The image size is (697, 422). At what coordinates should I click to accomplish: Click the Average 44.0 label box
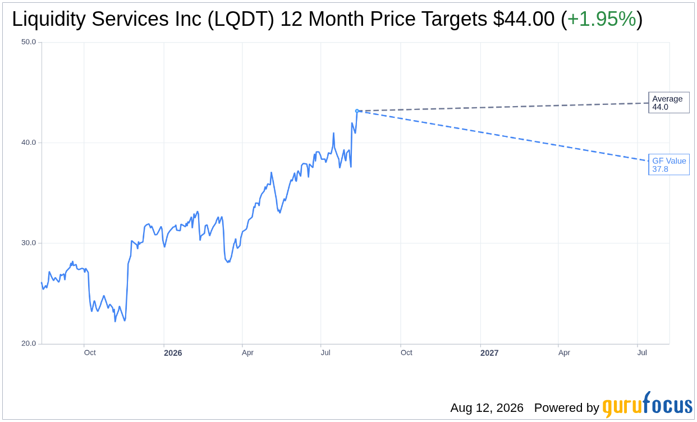pos(669,103)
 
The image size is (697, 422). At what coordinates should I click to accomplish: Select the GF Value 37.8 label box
pos(669,164)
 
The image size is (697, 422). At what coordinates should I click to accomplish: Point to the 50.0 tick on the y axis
pos(29,42)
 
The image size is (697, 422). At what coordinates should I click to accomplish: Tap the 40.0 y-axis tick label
pos(29,143)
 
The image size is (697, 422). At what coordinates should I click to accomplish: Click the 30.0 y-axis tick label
pos(29,243)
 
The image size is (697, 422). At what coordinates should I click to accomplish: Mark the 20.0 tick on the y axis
pos(29,343)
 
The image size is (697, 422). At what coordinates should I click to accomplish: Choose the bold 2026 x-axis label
pos(173,353)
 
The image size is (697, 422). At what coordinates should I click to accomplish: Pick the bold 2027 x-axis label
pos(489,353)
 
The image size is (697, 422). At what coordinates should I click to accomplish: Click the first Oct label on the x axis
pos(90,353)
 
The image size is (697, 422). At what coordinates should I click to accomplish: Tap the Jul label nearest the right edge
pos(642,353)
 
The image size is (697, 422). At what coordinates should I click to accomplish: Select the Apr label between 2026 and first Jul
pos(247,353)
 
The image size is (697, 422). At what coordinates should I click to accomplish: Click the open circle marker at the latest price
pos(357,111)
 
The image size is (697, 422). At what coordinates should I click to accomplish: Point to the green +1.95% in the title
pos(602,19)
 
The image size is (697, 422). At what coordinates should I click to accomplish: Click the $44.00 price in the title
pos(524,19)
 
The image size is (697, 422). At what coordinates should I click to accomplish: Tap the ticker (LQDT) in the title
pos(241,19)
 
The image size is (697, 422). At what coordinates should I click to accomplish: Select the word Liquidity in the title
pos(49,19)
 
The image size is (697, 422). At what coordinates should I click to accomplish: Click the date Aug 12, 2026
pos(487,407)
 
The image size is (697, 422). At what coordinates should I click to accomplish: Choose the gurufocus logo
pos(647,405)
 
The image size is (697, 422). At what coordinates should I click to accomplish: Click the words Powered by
pos(567,407)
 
